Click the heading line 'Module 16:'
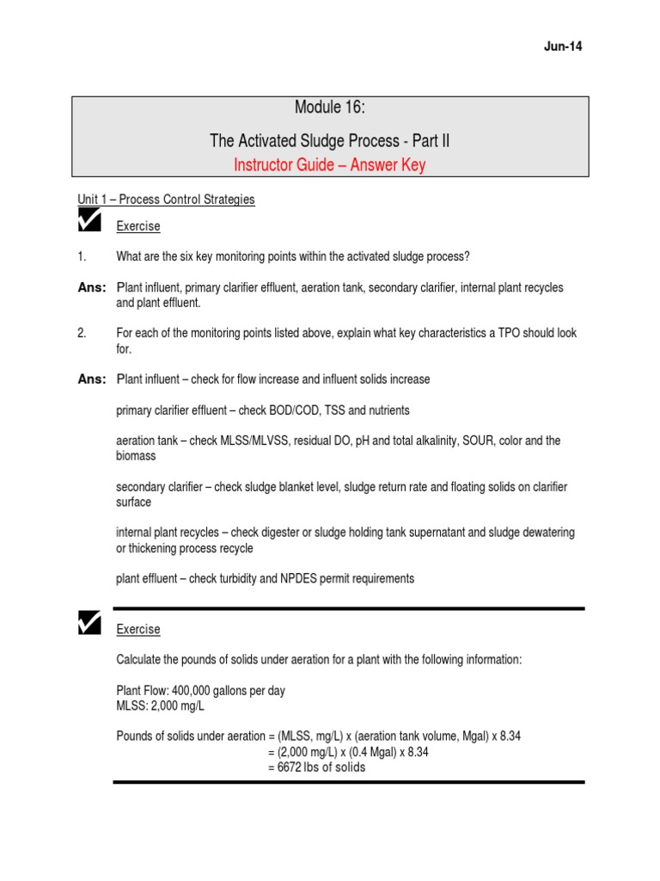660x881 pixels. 330,108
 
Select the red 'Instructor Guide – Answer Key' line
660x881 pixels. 330,165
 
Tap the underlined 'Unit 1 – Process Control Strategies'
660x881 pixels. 166,200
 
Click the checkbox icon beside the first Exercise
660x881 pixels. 89,221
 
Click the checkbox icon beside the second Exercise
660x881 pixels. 89,623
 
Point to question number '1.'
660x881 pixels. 82,256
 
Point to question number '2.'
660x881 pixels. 82,334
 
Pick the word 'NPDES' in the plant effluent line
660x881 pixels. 297,579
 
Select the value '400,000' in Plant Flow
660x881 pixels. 196,691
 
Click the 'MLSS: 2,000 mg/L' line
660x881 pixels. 161,706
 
